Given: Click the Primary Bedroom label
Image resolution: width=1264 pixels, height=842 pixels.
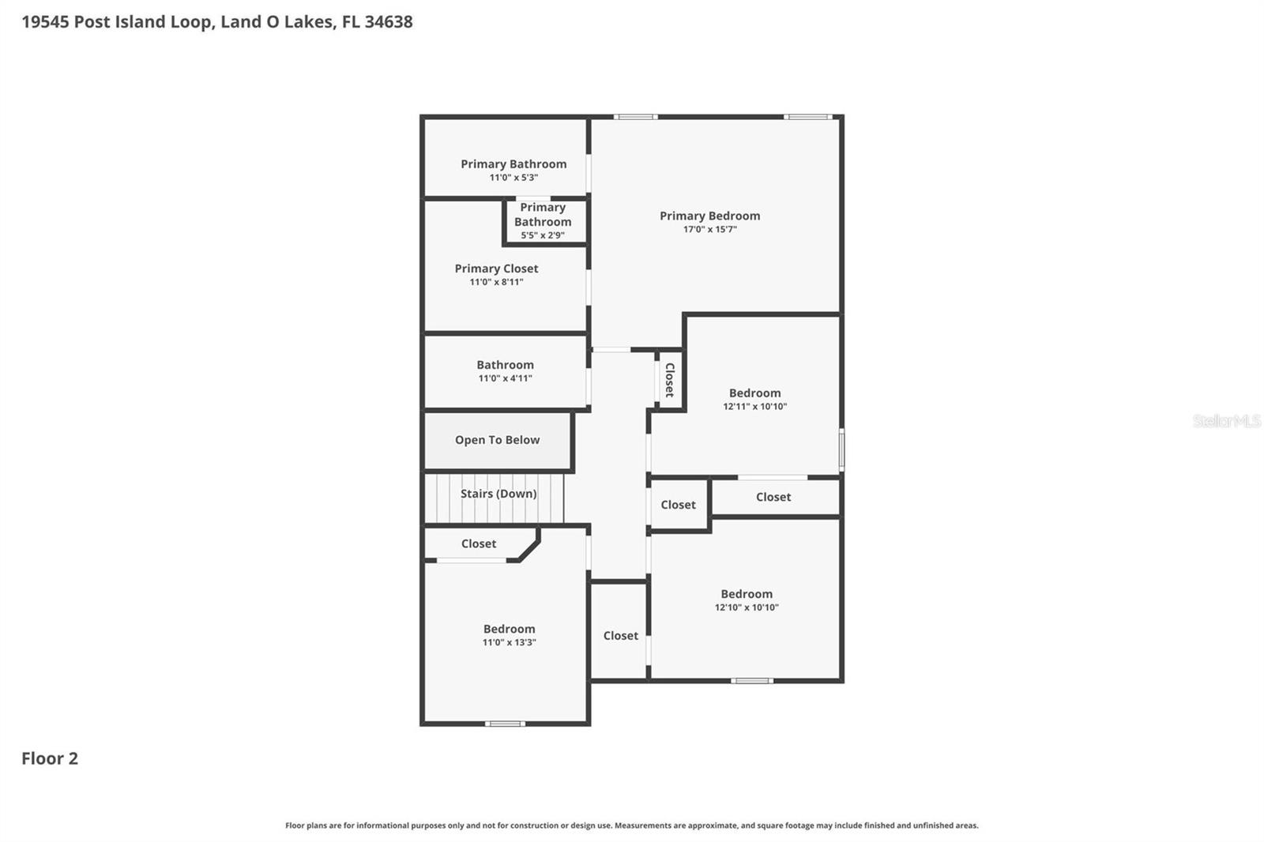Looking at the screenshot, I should pyautogui.click(x=709, y=216).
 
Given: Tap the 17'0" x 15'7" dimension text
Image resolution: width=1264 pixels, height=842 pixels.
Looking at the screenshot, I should pyautogui.click(x=709, y=230).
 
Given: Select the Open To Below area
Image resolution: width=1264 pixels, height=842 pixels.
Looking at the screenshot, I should pyautogui.click(x=497, y=440).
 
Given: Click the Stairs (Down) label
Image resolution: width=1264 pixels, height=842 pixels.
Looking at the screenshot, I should pyautogui.click(x=498, y=494).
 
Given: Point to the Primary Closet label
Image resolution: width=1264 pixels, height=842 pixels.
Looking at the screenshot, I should pyautogui.click(x=496, y=269).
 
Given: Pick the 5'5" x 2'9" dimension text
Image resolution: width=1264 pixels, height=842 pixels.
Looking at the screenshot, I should pyautogui.click(x=543, y=235).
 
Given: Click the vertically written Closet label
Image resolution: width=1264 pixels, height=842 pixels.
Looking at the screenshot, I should pyautogui.click(x=669, y=380).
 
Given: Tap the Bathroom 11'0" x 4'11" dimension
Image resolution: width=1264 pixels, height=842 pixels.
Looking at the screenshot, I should pyautogui.click(x=505, y=378).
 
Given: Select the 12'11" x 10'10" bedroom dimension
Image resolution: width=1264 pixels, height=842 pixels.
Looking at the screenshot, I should pyautogui.click(x=754, y=407).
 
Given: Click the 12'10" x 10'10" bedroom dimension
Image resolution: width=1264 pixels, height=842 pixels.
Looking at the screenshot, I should pyautogui.click(x=747, y=607).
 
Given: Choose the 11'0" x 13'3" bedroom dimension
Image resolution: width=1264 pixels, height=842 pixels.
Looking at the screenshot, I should pyautogui.click(x=509, y=643).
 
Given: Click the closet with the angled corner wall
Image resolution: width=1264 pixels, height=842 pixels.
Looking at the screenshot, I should pyautogui.click(x=479, y=543).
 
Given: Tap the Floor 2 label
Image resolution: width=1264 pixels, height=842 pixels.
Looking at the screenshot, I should pyautogui.click(x=50, y=758).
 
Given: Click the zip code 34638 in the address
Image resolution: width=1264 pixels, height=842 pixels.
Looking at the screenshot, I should pyautogui.click(x=388, y=21).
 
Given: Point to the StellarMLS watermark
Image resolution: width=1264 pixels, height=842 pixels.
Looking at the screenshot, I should pyautogui.click(x=1226, y=421).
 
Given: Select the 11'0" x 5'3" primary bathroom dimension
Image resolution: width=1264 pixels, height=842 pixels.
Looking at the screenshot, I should pyautogui.click(x=513, y=178).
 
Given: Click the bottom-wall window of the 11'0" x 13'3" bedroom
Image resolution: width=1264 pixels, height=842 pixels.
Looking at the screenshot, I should pyautogui.click(x=505, y=724).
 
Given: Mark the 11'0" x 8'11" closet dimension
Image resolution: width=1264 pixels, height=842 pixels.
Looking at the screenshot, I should pyautogui.click(x=496, y=282).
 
